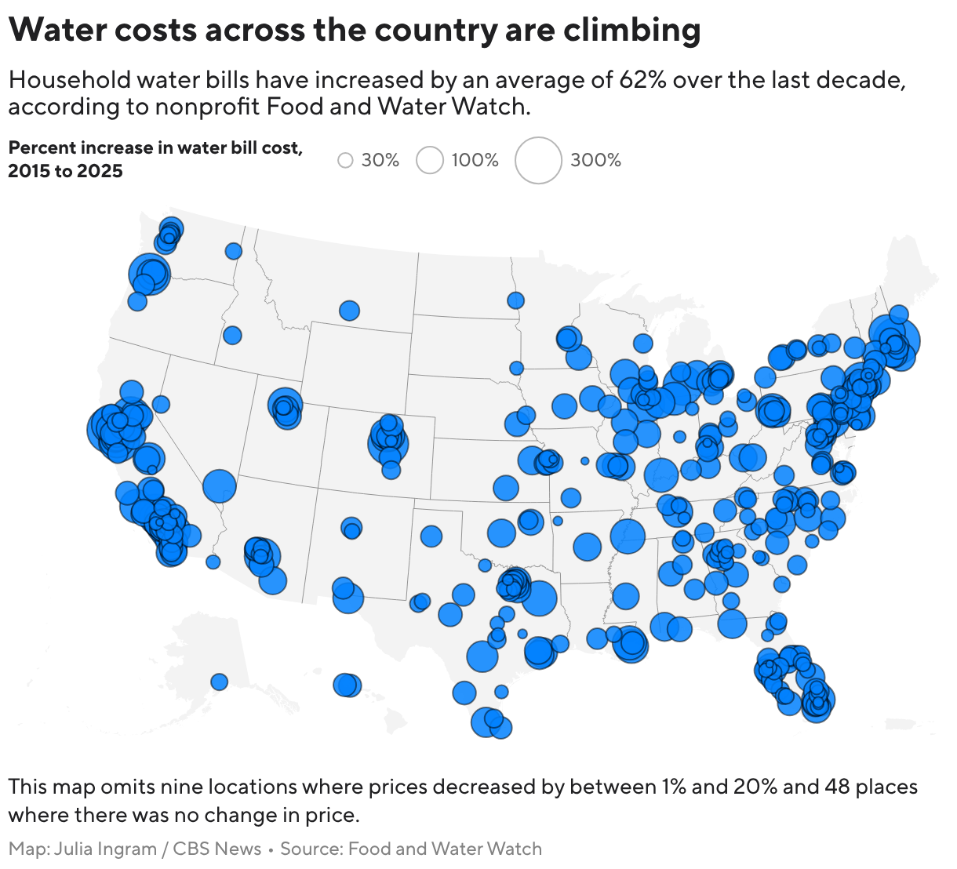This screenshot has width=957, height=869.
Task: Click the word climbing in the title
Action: pos(631,30)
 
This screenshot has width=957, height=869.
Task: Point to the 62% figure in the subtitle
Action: pos(642,80)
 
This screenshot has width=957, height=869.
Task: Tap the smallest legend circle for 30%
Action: pos(345,160)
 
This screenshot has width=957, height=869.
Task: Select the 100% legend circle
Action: pos(429,160)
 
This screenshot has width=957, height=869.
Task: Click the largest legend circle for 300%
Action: pos(537,160)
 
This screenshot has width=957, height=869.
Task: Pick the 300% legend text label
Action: pos(595,160)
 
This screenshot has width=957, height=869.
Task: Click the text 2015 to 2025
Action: pos(65,171)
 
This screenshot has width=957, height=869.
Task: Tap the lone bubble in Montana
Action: pos(349,310)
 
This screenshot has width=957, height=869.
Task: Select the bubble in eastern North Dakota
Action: pos(515,300)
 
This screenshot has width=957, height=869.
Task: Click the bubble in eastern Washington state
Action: pos(233,250)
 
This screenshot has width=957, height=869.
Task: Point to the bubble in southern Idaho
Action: pos(232,335)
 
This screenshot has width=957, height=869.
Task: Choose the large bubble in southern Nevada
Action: pos(220,485)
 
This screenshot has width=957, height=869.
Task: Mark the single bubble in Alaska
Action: pos(219,682)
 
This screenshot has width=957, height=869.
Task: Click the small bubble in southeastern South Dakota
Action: pos(516,368)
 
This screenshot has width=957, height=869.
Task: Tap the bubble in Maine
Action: pos(898,314)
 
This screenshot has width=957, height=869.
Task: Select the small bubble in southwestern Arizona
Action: pos(213,562)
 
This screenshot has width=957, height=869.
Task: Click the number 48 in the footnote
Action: pos(837,787)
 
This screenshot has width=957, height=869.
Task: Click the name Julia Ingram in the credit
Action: pos(105,849)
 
